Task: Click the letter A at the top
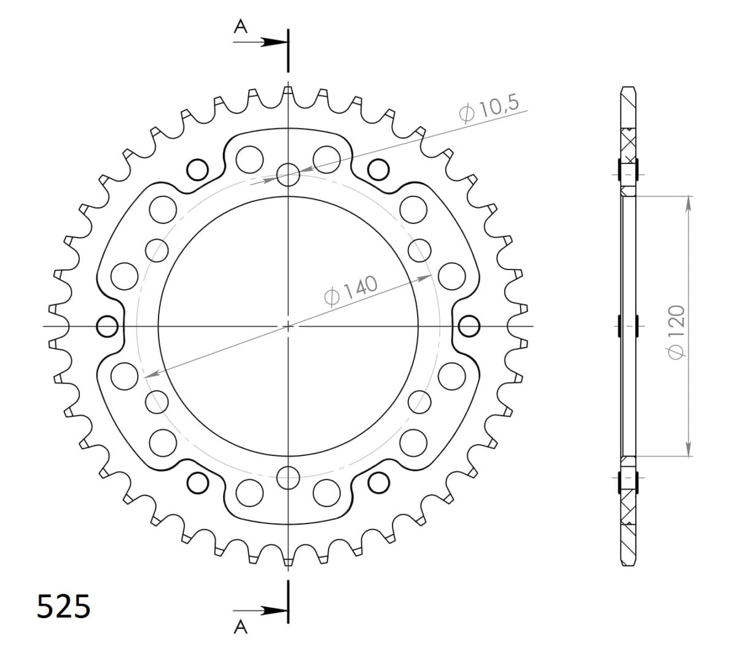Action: pos(241,25)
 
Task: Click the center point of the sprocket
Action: pos(288,326)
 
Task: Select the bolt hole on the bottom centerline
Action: pos(288,476)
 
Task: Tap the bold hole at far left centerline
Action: pos(108,326)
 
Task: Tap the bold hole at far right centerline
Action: pos(469,326)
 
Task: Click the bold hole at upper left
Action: pos(198,169)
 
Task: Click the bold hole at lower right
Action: pos(378,483)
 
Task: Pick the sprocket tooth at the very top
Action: pos(288,92)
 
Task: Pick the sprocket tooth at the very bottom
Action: pos(288,559)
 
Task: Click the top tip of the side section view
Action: pos(627,87)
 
